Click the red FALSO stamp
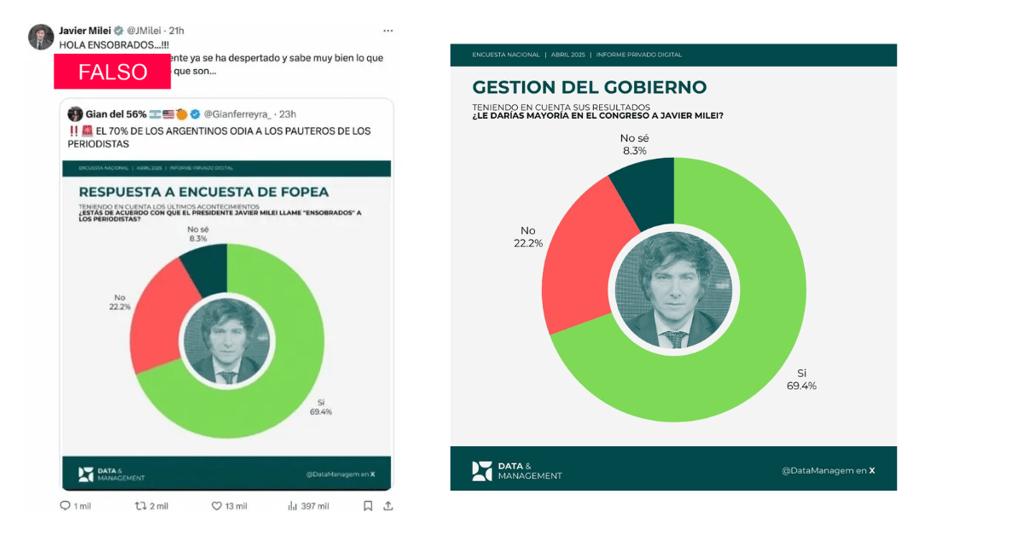point(113,72)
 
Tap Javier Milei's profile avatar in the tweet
point(41,38)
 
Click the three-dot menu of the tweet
point(388,30)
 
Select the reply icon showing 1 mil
point(65,506)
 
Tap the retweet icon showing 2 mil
point(141,506)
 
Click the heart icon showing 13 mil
point(217,506)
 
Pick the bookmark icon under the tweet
point(368,506)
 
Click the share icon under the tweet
point(388,506)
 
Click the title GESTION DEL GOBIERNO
point(589,87)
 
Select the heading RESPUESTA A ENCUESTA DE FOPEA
point(203,192)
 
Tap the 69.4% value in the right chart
point(801,386)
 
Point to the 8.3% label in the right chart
point(634,150)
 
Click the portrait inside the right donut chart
point(673,291)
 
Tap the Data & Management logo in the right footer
point(517,471)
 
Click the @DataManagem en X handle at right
point(828,470)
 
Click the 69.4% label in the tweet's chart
point(321,411)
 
